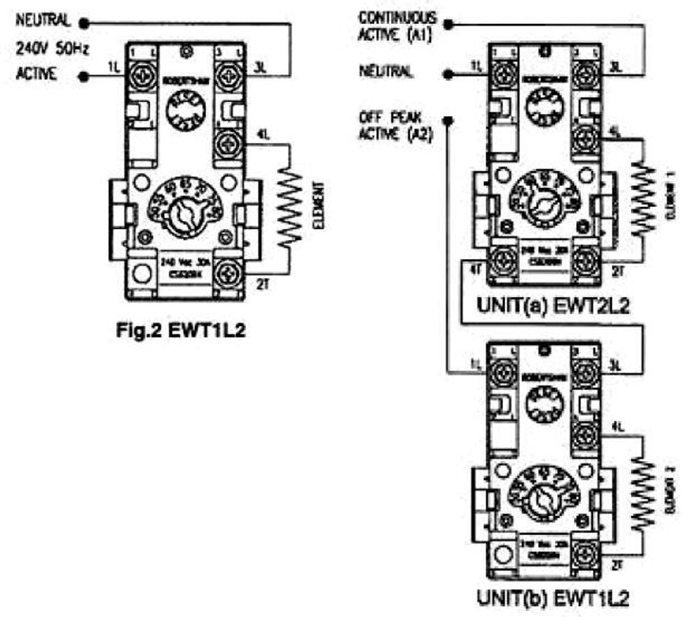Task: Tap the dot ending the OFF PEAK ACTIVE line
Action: [447, 122]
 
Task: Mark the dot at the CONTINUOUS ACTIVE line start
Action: [448, 24]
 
